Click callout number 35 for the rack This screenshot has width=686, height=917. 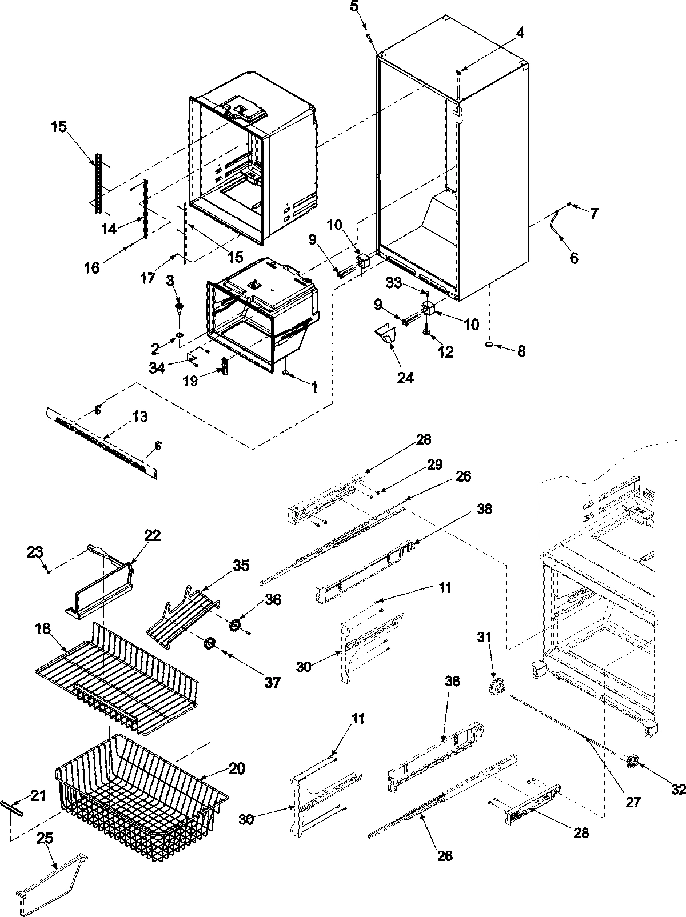pyautogui.click(x=241, y=566)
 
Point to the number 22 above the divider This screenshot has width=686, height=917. pyautogui.click(x=153, y=535)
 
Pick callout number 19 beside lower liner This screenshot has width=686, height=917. pyautogui.click(x=190, y=381)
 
